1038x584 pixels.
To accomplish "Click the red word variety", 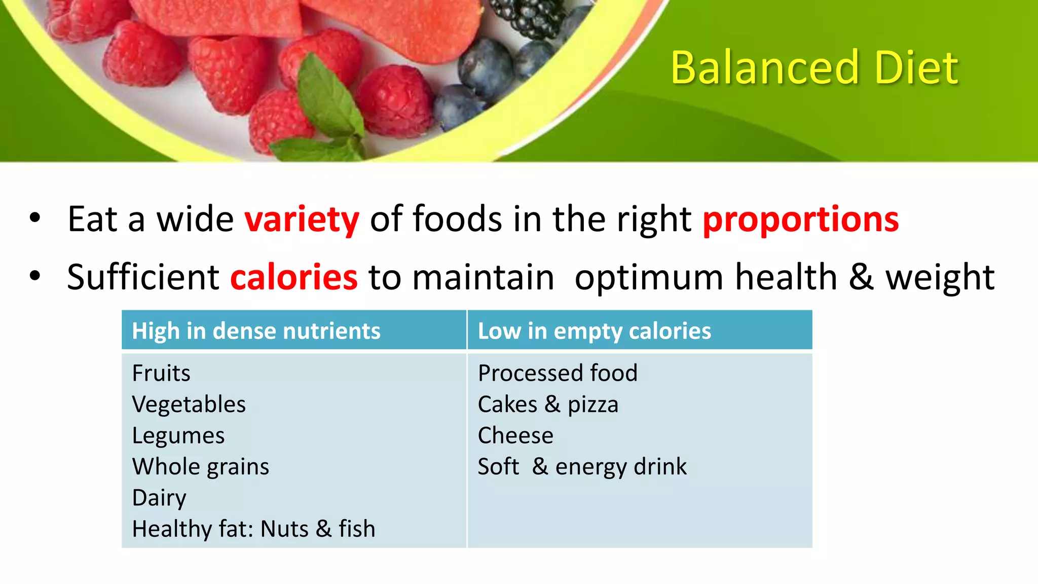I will pyautogui.click(x=302, y=220).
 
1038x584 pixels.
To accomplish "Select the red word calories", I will pyautogui.click(x=294, y=277).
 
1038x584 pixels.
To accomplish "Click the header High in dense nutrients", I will pyautogui.click(x=256, y=331).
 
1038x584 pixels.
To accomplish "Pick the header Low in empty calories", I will pyautogui.click(x=594, y=331).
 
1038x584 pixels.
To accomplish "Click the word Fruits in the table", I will pyautogui.click(x=161, y=373).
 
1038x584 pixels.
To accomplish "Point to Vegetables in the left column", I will pyautogui.click(x=189, y=405).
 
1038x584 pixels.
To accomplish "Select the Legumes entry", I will pyautogui.click(x=178, y=436).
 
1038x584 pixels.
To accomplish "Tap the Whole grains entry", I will pyautogui.click(x=200, y=467).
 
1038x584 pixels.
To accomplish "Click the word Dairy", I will pyautogui.click(x=159, y=498).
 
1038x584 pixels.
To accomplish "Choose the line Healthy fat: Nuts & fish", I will pyautogui.click(x=253, y=529).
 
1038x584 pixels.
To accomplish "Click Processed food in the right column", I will pyautogui.click(x=558, y=373).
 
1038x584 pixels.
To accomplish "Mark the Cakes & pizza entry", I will pyautogui.click(x=548, y=405).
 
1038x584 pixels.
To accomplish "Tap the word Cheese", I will pyautogui.click(x=515, y=435).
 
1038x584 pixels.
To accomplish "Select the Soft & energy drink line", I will pyautogui.click(x=582, y=467).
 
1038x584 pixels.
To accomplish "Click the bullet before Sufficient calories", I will pyautogui.click(x=34, y=276).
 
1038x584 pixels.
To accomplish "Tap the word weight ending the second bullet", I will pyautogui.click(x=940, y=277).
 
